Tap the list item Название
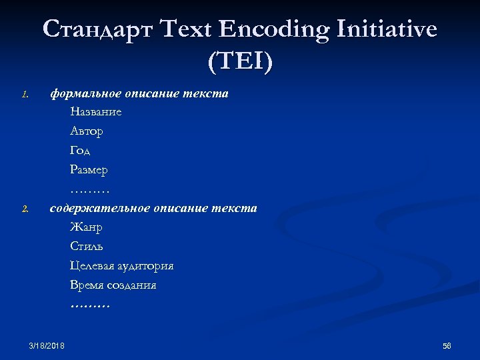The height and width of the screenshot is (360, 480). [95, 112]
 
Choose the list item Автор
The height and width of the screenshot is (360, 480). [87, 131]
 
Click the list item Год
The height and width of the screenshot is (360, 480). [80, 151]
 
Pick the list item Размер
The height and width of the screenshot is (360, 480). [89, 170]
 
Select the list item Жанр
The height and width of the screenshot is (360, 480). [86, 227]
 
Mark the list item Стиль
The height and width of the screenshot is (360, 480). [87, 247]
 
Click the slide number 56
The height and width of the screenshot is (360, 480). [447, 345]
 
